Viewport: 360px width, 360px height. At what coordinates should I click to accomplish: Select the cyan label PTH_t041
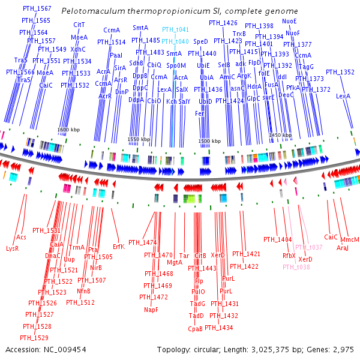(x=175, y=29)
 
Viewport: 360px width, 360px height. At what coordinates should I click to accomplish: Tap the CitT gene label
(x=79, y=25)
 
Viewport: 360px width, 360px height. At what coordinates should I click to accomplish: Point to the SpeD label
(x=201, y=41)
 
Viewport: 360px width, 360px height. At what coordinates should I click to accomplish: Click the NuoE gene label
(x=289, y=22)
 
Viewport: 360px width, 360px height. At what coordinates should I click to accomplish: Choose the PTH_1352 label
(x=340, y=72)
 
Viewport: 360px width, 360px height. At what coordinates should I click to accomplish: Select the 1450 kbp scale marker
(x=280, y=136)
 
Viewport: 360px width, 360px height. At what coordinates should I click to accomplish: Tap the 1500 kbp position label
(x=209, y=141)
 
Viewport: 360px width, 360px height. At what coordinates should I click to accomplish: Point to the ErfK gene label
(x=119, y=246)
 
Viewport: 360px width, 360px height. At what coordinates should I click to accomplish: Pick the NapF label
(x=151, y=310)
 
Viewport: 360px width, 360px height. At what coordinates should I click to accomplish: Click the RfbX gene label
(x=289, y=256)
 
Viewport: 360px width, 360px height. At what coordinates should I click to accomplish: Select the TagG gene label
(x=307, y=67)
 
